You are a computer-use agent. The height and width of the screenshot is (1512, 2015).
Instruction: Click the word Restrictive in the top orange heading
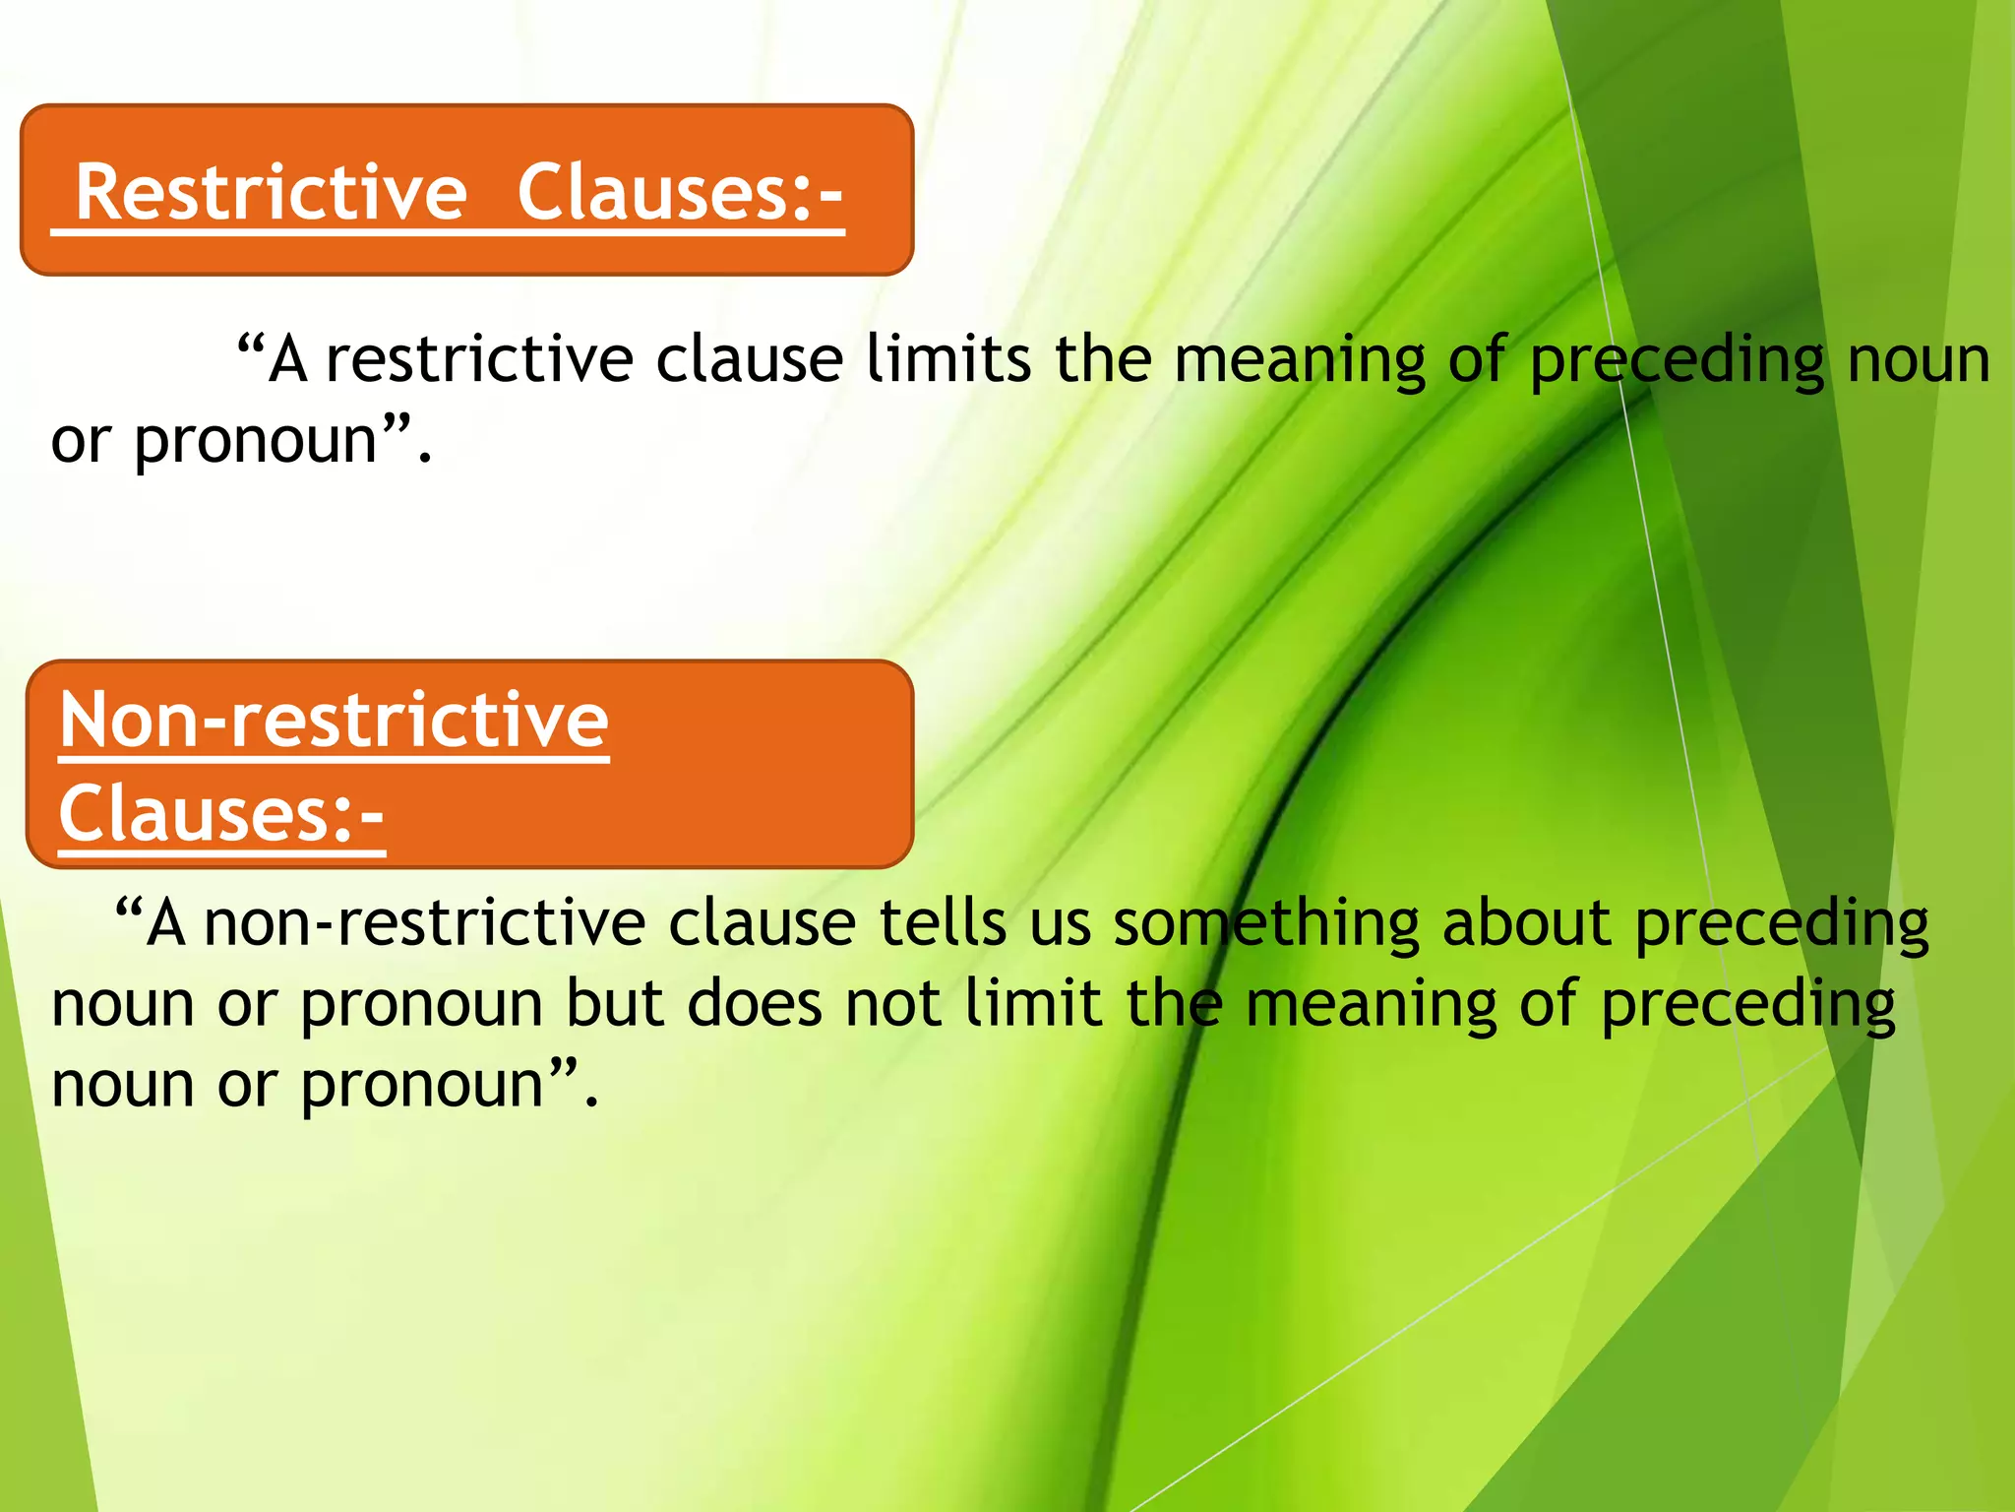pos(271,192)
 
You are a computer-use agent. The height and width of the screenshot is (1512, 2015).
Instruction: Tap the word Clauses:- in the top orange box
pos(680,192)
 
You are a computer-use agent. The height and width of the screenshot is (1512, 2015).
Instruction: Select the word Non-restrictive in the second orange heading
pos(334,720)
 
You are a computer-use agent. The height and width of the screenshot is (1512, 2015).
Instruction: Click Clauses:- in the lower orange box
pos(221,814)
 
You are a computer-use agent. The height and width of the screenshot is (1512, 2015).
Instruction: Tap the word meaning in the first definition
pos(1300,360)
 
